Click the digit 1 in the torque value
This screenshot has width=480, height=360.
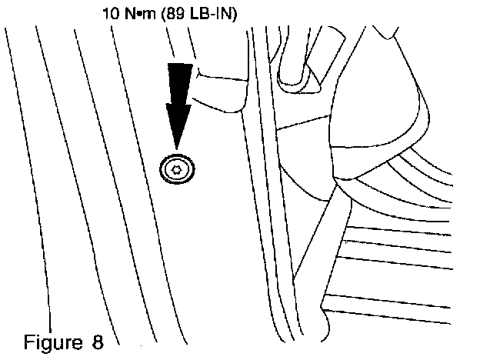pyautogui.click(x=106, y=13)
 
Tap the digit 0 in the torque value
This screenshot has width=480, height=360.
pyautogui.click(x=114, y=13)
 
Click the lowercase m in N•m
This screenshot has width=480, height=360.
pyautogui.click(x=142, y=14)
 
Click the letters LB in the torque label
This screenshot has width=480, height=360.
pyautogui.click(x=184, y=13)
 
